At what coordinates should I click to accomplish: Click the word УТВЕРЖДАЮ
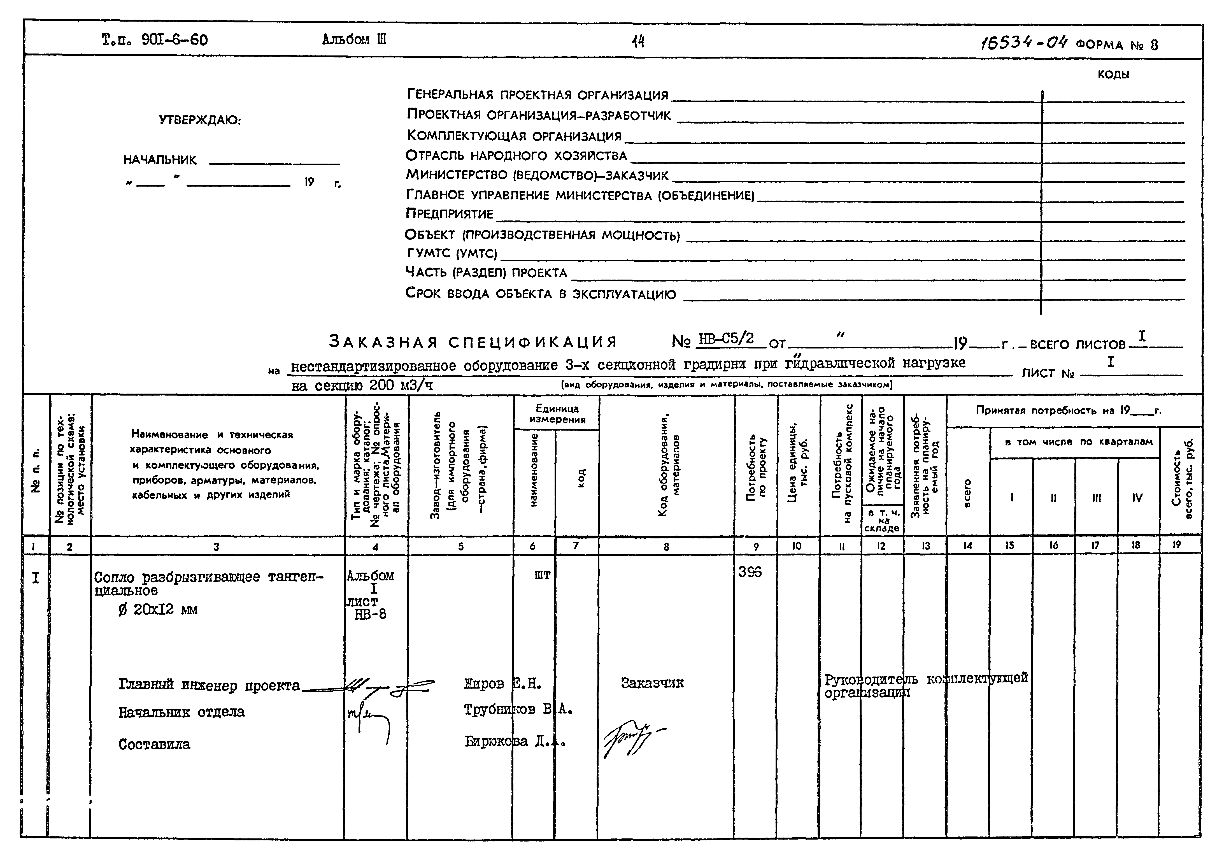point(200,120)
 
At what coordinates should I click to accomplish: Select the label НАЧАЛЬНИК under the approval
point(160,160)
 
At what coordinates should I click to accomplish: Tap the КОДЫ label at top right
point(1113,75)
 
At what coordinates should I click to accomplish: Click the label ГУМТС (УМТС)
point(451,253)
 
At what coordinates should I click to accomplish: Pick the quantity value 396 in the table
point(750,572)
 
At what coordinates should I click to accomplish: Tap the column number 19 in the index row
point(1177,545)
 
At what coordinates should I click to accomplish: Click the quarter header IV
point(1137,498)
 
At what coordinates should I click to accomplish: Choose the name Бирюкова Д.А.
point(515,742)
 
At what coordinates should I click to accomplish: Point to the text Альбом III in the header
point(354,39)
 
